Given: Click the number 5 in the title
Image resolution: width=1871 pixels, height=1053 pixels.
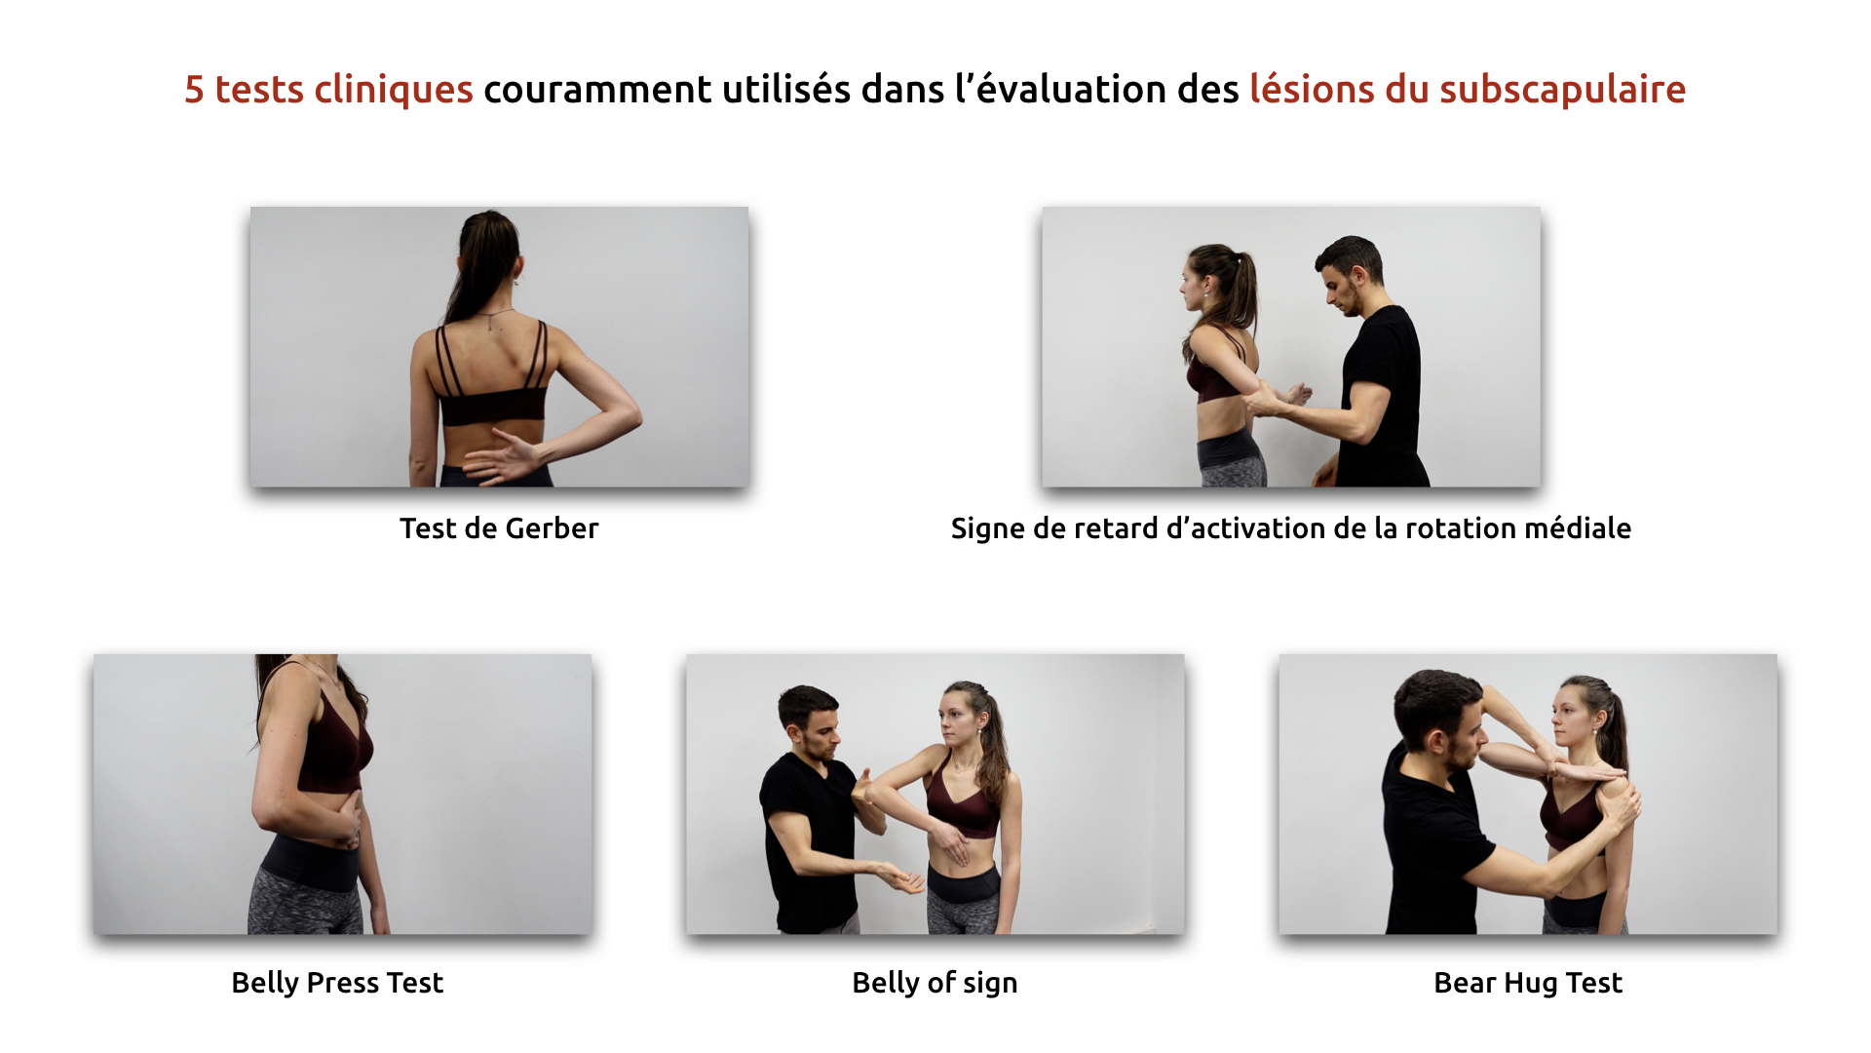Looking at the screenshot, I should tap(194, 90).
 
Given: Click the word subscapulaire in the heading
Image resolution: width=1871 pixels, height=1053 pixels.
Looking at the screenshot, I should tap(1562, 90).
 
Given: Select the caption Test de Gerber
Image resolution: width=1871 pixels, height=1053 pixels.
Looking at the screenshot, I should tap(499, 528).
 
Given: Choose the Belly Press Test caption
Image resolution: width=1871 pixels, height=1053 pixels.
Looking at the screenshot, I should tap(337, 983).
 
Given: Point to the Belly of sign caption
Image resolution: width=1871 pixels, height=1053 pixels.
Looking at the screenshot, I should tap(935, 983).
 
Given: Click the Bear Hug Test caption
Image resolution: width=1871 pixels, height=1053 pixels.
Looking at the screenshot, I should tap(1528, 983).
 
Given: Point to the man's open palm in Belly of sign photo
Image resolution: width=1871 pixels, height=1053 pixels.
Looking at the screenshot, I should tap(901, 877).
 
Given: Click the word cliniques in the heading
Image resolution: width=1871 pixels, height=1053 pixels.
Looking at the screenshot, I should tap(393, 90).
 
